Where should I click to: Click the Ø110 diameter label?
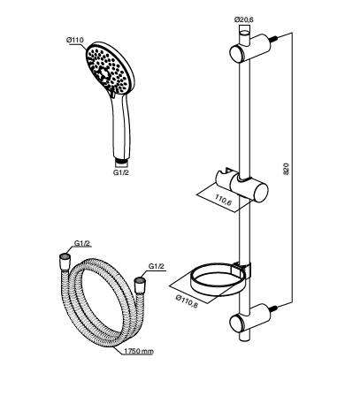[x=75, y=40]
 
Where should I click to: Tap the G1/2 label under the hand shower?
[x=121, y=172]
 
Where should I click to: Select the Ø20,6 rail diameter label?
[x=244, y=19]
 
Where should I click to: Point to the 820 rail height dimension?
[x=287, y=169]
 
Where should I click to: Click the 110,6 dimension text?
[x=223, y=200]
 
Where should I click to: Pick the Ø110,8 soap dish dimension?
[x=187, y=301]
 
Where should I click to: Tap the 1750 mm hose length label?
[x=139, y=351]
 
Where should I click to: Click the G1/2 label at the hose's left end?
[x=82, y=243]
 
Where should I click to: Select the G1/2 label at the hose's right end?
[x=157, y=266]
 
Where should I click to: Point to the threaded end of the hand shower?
[x=121, y=161]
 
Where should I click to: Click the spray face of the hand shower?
[x=108, y=69]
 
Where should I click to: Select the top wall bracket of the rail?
[x=249, y=49]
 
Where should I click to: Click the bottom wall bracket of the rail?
[x=249, y=319]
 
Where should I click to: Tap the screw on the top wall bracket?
[x=274, y=38]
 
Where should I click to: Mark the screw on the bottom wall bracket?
[x=274, y=308]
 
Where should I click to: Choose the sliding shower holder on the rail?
[x=242, y=185]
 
